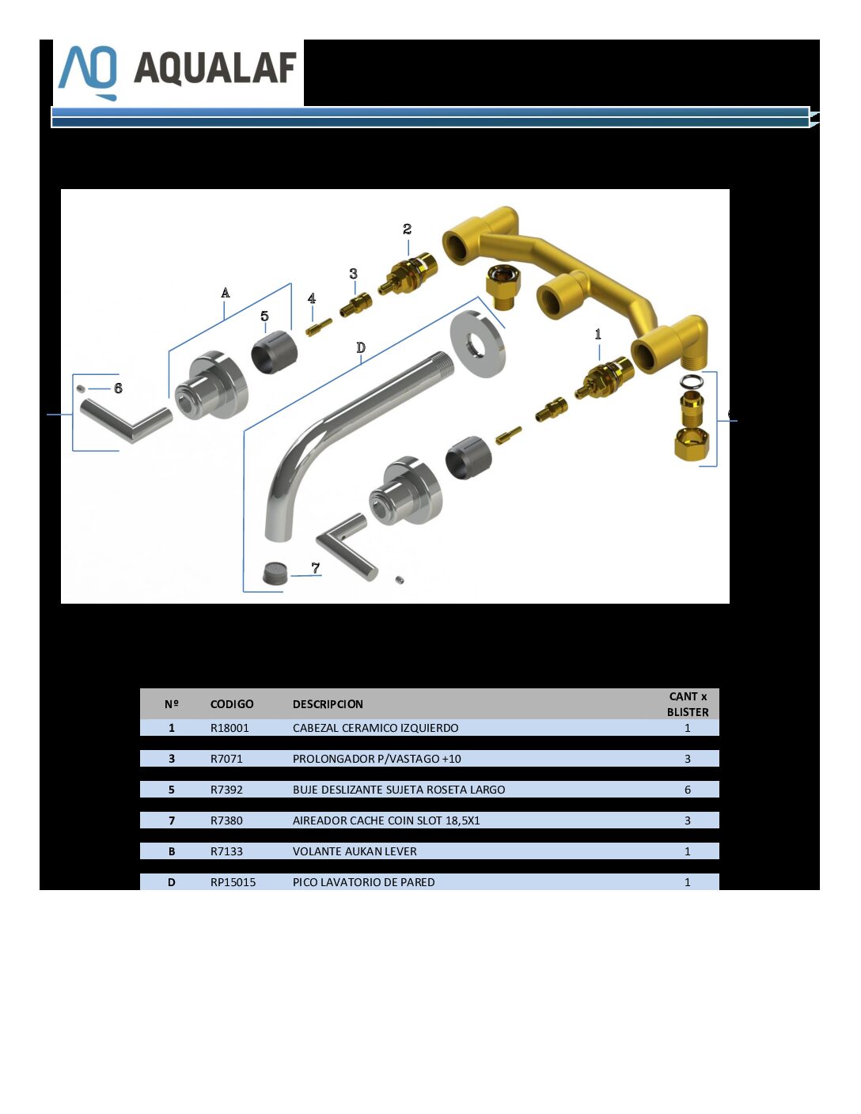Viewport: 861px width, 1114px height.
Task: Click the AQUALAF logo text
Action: coord(215,68)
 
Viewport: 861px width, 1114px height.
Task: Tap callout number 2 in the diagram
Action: coord(408,229)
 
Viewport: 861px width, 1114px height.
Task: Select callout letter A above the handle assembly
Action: coord(225,294)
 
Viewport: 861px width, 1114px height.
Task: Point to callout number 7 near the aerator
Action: coord(316,568)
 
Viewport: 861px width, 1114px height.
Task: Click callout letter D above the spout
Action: coord(361,347)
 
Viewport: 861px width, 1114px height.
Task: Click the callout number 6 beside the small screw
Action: coord(118,388)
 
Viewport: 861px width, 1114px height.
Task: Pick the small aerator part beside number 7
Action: coord(276,573)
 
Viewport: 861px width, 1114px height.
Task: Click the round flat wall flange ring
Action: coord(478,344)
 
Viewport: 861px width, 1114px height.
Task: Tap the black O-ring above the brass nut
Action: coord(692,382)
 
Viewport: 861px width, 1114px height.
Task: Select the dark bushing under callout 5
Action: coord(275,351)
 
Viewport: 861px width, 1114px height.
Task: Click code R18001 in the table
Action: coord(229,728)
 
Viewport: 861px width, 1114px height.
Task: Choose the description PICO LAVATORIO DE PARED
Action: coord(363,882)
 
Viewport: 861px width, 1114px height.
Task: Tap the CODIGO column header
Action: coord(232,704)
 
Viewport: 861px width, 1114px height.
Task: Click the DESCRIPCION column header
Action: coord(328,704)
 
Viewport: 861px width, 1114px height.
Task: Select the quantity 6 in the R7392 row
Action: coord(688,790)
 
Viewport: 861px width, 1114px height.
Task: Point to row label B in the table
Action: coord(172,851)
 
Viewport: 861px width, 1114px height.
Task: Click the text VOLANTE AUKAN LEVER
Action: coord(355,851)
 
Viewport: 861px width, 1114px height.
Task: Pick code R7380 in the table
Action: coord(226,820)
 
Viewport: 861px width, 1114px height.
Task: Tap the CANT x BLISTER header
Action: coord(688,704)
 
